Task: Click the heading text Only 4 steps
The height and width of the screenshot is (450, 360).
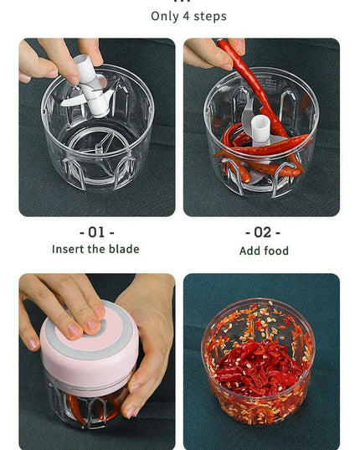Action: click(x=188, y=16)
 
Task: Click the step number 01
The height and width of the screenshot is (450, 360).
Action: click(x=96, y=231)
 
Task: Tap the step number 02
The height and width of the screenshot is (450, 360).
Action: click(x=262, y=232)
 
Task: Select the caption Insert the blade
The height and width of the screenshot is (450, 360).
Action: click(x=95, y=249)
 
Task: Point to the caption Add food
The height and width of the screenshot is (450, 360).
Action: click(x=264, y=251)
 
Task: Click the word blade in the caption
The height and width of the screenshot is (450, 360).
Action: click(x=124, y=249)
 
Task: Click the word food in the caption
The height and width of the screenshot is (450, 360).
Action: click(x=275, y=251)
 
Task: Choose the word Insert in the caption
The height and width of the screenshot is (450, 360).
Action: click(x=68, y=249)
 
